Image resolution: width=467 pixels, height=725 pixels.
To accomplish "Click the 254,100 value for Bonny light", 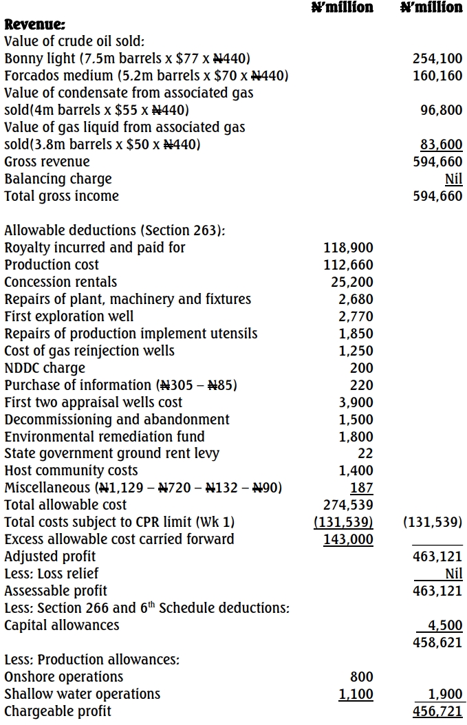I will [437, 59].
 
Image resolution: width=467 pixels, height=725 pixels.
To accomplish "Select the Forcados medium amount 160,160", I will [437, 76].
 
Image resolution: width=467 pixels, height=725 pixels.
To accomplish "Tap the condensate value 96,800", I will [441, 110].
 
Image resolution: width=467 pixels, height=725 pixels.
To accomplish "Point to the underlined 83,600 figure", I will [441, 144].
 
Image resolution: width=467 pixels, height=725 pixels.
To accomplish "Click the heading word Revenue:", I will [35, 25].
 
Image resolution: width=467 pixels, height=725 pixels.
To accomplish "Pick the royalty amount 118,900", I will [349, 248].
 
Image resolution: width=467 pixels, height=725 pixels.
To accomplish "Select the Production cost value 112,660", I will [349, 265].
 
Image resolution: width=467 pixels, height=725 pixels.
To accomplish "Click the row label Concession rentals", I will [61, 282].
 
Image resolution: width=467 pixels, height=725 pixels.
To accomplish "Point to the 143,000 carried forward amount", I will [349, 539].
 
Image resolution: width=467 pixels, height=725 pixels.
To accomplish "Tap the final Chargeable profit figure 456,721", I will [437, 711].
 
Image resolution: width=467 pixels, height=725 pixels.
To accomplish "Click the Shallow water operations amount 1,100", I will [356, 694].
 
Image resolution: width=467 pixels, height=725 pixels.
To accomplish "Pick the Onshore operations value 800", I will [362, 677].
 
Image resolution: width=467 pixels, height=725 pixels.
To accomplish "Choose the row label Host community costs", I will [71, 470].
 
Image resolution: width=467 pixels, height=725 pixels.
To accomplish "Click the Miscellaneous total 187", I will [362, 488].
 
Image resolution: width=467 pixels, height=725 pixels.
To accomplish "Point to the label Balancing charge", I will [58, 179].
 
